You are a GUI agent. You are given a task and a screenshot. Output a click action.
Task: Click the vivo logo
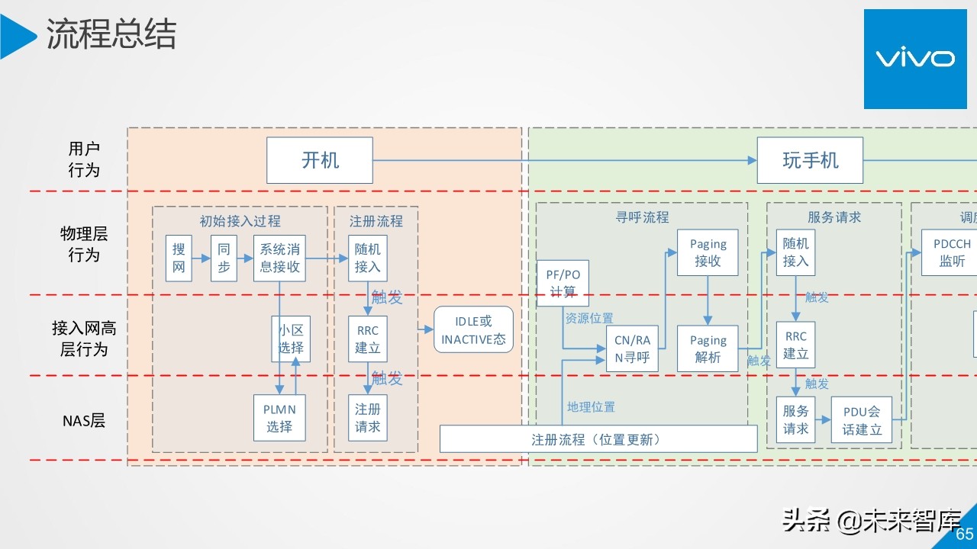(914, 59)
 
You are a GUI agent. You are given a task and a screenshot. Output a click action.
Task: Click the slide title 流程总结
(111, 35)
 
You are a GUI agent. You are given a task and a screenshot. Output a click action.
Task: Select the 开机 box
(320, 160)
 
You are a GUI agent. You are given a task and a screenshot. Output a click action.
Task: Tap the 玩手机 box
(810, 160)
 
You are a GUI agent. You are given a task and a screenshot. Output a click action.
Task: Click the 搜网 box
(179, 258)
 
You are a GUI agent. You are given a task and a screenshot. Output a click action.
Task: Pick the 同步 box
(224, 258)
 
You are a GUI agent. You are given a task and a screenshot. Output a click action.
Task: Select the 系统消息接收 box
(279, 258)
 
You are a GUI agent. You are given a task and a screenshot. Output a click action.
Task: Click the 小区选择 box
(291, 339)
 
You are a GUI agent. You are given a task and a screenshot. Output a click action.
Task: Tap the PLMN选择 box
(279, 418)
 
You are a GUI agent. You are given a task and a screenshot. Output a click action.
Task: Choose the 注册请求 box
(367, 418)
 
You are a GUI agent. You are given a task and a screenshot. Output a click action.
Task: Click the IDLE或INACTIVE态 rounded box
(473, 330)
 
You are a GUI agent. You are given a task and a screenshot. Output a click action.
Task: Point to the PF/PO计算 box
(563, 283)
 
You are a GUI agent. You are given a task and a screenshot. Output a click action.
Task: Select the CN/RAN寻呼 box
(632, 348)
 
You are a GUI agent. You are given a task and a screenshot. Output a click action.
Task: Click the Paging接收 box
(708, 252)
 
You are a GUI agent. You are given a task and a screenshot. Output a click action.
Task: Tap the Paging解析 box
(708, 348)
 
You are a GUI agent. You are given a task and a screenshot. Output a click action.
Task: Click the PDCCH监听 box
(951, 252)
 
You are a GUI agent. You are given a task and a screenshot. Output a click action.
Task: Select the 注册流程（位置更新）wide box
(598, 439)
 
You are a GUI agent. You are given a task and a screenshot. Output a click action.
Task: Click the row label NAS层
(84, 420)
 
